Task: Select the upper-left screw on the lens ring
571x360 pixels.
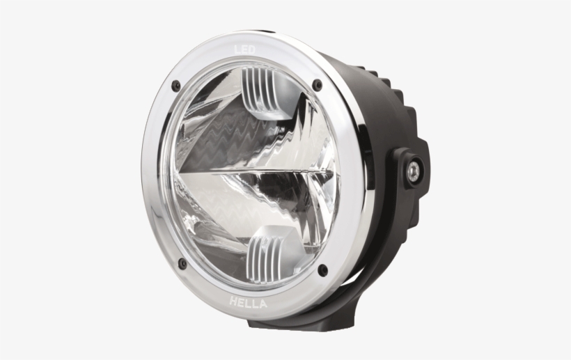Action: [x=176, y=86]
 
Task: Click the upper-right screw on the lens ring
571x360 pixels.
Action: [x=318, y=85]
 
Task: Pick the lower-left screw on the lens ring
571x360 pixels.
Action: [x=182, y=264]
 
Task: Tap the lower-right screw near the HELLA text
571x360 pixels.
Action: [x=322, y=269]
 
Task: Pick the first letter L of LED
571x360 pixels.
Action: [x=237, y=49]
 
